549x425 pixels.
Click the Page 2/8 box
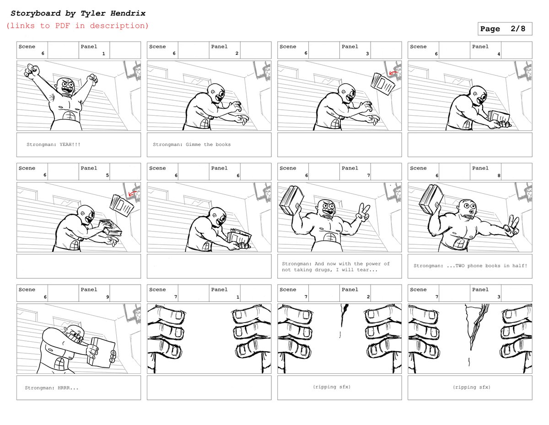[x=505, y=29]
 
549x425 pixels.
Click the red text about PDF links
[x=77, y=26]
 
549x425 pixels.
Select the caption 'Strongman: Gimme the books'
[x=192, y=145]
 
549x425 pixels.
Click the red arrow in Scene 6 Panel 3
[x=392, y=73]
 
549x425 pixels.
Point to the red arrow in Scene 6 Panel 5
[x=132, y=194]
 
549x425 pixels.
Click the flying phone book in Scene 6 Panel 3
[x=382, y=84]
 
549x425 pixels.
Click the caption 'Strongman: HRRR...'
[x=52, y=388]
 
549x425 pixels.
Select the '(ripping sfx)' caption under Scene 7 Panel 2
[x=332, y=387]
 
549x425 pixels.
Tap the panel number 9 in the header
[x=108, y=297]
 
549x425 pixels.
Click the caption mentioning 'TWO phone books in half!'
[x=470, y=266]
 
